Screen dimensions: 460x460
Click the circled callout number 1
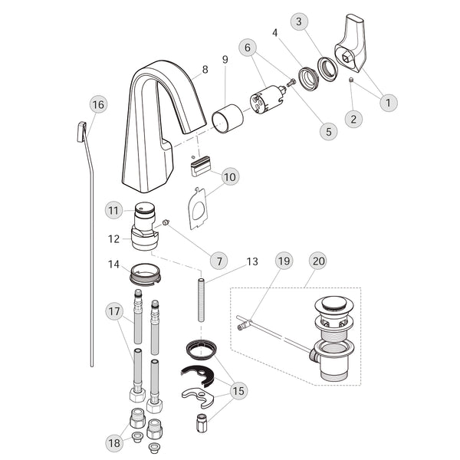[x=389, y=103]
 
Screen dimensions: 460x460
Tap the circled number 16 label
[x=98, y=105]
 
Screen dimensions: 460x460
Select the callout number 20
[x=319, y=261]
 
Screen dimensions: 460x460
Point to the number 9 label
[x=225, y=60]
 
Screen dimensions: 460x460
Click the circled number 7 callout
[x=219, y=261]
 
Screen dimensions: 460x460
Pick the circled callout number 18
[x=114, y=442]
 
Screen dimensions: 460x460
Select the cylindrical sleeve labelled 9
[x=228, y=119]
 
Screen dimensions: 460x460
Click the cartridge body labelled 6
[x=268, y=99]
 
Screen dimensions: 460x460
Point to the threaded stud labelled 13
[x=201, y=300]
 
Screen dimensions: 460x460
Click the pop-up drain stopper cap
[x=333, y=303]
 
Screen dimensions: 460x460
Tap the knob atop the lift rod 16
[x=81, y=132]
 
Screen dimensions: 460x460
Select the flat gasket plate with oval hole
[x=198, y=208]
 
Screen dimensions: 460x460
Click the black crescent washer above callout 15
[x=198, y=376]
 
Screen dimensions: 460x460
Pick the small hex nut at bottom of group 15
[x=201, y=422]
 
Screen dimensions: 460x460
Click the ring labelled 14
[x=145, y=274]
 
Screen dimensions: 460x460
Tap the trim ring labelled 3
[x=327, y=69]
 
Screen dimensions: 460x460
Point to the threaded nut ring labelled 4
[x=307, y=79]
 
